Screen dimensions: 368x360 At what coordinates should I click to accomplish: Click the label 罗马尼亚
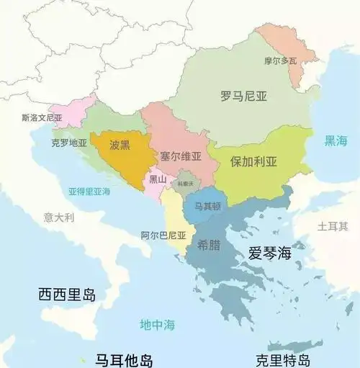pos(244,94)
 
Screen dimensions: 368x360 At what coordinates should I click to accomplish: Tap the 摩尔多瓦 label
pos(281,61)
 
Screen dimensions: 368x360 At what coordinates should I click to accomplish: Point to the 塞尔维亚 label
pos(181,156)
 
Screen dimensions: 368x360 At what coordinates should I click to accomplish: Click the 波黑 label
pos(120,145)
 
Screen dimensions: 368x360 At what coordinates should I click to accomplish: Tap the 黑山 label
pos(158,179)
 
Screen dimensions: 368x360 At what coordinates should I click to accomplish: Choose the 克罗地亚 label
pos(69,143)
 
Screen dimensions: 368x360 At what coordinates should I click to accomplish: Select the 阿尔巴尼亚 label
pos(163,235)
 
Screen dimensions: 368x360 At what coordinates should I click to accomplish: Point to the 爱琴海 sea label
pos(269,253)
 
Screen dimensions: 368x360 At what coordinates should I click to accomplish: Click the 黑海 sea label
pos(336,141)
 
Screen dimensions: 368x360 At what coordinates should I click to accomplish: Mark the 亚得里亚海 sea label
pos(89,192)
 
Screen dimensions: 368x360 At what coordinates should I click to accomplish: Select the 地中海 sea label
pos(158,325)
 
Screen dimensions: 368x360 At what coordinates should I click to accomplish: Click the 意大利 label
pos(58,216)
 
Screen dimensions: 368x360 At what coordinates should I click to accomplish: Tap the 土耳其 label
pos(333,226)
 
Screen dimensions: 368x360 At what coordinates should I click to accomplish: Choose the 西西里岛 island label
pos(67,295)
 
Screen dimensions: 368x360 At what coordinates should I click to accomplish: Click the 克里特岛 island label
pos(283,360)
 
